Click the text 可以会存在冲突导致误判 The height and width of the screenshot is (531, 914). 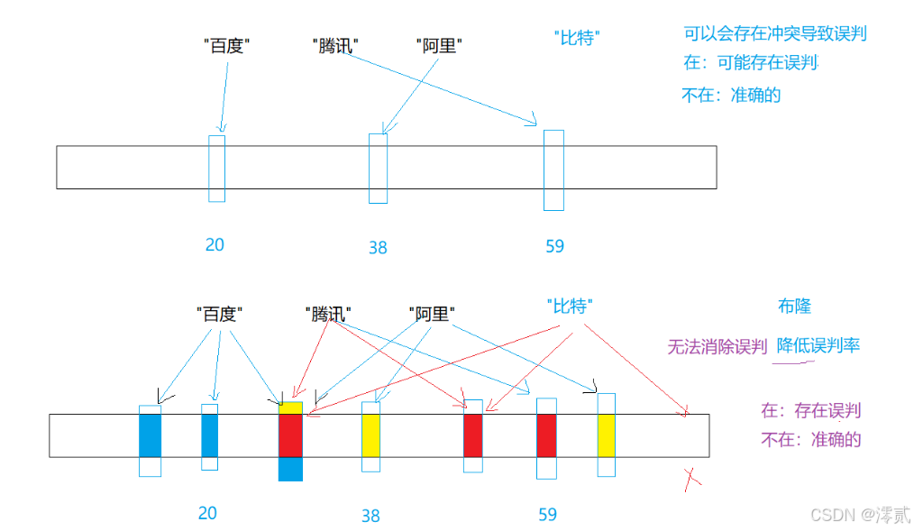tap(776, 34)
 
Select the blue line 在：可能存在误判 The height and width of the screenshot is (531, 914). tap(751, 63)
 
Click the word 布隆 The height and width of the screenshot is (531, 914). tap(794, 307)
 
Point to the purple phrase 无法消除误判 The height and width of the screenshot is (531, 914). tap(717, 346)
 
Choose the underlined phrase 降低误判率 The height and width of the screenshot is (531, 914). tap(818, 345)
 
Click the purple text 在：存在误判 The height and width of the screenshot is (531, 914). tap(810, 411)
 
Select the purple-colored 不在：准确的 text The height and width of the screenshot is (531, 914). tap(811, 440)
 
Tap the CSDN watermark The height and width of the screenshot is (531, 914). tap(856, 514)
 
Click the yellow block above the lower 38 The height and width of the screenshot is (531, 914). tap(371, 435)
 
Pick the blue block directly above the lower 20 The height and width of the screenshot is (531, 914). tap(209, 435)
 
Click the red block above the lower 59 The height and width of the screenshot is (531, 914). tap(546, 435)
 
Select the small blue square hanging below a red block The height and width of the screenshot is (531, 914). tap(289, 469)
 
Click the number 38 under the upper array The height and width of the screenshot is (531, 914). tap(378, 247)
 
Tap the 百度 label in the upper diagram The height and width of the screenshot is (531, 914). tap(225, 44)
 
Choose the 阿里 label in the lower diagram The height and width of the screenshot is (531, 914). tap(431, 314)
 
